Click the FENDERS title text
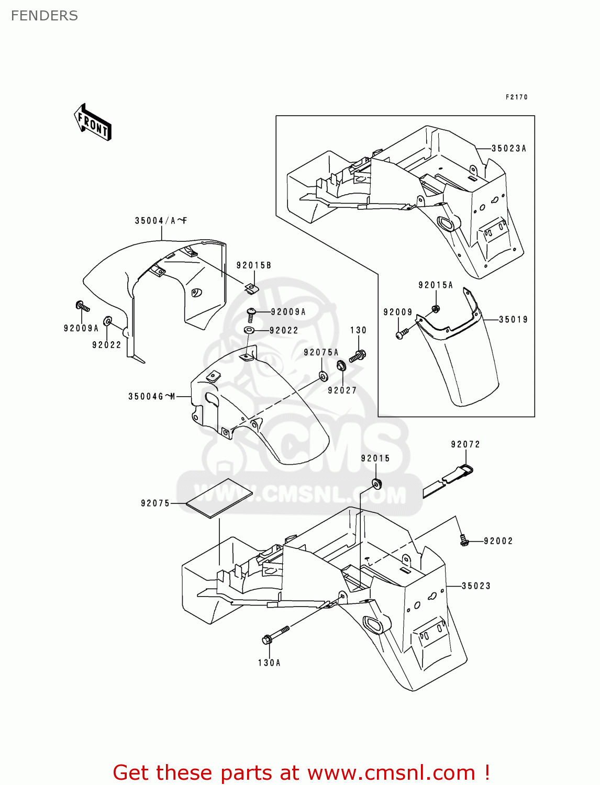click(44, 16)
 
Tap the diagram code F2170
click(516, 97)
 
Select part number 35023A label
click(509, 149)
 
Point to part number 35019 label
click(513, 320)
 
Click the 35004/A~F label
click(161, 221)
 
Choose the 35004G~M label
click(151, 397)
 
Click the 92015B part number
click(254, 265)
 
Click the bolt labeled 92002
click(463, 540)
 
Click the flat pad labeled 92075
click(219, 498)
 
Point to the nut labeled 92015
click(376, 483)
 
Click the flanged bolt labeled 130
click(358, 356)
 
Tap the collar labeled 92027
click(340, 366)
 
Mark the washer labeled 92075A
click(323, 375)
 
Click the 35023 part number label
click(476, 586)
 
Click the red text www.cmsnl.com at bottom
click(391, 772)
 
